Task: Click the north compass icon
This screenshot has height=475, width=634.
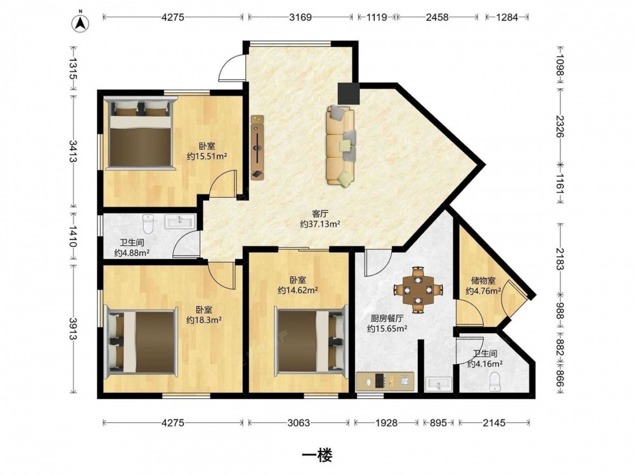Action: (x=81, y=23)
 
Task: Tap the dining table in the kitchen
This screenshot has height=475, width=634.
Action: (x=418, y=289)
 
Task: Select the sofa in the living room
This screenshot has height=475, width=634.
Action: (x=342, y=146)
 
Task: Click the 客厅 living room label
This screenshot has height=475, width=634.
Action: (x=320, y=213)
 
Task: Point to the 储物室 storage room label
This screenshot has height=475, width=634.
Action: (x=483, y=281)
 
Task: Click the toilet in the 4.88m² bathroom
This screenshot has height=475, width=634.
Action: (x=148, y=224)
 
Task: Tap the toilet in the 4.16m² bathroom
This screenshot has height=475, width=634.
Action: (x=495, y=382)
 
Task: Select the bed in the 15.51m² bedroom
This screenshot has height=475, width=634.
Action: (x=140, y=132)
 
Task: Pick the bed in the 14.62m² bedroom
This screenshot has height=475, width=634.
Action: (x=311, y=341)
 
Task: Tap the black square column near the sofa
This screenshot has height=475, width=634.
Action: (x=349, y=94)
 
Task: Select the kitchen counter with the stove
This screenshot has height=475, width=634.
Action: (x=385, y=381)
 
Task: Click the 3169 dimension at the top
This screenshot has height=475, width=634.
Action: (x=301, y=17)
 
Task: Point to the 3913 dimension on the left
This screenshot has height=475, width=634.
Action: (x=73, y=329)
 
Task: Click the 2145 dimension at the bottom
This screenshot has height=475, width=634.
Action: (x=494, y=423)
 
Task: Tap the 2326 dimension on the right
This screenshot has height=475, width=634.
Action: (x=560, y=126)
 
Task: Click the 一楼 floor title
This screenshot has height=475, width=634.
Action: (x=317, y=455)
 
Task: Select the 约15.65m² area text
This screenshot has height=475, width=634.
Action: (x=387, y=329)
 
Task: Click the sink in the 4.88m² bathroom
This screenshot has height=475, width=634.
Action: (x=180, y=221)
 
